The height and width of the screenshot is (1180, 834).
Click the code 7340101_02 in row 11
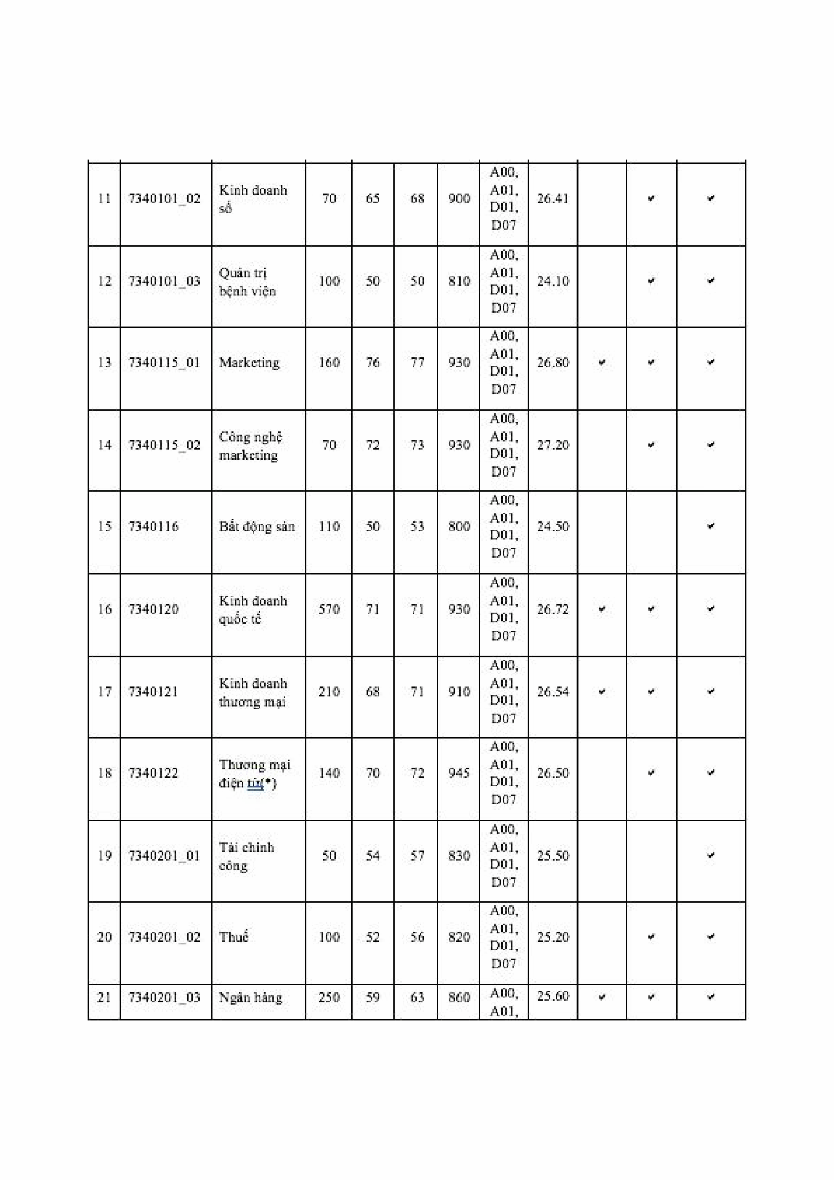(164, 198)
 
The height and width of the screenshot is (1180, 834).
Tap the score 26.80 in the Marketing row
(553, 362)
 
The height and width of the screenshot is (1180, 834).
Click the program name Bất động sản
(257, 526)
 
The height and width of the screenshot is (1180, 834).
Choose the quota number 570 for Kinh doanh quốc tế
(329, 609)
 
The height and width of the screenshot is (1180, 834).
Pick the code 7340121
(153, 691)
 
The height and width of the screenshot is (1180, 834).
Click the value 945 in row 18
(459, 773)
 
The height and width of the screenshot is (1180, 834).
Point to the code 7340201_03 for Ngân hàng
(164, 997)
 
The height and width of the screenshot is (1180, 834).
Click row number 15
(104, 526)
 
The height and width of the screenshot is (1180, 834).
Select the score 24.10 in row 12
(553, 281)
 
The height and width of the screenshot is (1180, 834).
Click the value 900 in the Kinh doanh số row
(459, 198)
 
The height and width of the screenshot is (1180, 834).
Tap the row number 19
(104, 855)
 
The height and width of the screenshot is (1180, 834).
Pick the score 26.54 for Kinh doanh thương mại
(553, 691)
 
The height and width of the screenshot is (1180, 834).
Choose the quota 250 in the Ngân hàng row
(329, 997)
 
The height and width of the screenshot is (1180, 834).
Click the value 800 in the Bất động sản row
(459, 526)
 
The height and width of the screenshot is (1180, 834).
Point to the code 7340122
(153, 773)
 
